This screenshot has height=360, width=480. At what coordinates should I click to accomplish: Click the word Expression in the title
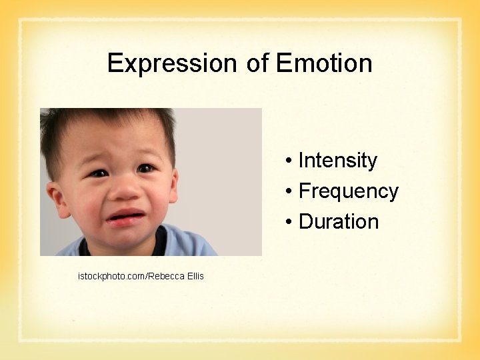171,64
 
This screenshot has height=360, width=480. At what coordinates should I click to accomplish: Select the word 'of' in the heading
257,64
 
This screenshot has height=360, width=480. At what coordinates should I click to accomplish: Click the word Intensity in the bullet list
337,161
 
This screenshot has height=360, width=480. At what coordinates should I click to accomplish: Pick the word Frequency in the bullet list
348,191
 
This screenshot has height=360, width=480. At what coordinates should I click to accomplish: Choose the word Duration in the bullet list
339,222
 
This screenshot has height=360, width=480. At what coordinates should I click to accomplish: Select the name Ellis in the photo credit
194,276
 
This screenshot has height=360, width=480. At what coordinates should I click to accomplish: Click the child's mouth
126,217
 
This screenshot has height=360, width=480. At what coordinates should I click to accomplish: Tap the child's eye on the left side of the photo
98,173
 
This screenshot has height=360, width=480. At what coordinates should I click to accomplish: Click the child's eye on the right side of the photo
145,169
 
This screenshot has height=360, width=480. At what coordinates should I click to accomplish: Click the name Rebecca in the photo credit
166,276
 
